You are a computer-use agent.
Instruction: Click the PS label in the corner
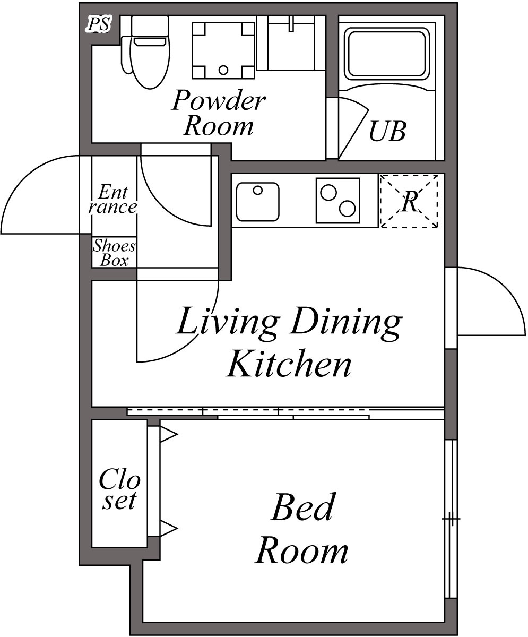click(x=99, y=24)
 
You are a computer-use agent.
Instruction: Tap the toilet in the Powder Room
click(x=146, y=53)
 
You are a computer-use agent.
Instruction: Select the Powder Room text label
click(x=219, y=113)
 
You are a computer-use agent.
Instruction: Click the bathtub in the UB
click(x=387, y=54)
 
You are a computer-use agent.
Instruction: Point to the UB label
click(x=387, y=131)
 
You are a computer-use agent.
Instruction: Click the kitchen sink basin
click(x=258, y=202)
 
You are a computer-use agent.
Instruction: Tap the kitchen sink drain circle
click(x=258, y=191)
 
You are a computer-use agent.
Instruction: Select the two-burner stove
click(x=338, y=201)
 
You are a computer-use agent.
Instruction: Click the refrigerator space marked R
click(x=409, y=201)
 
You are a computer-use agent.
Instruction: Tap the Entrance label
click(x=113, y=200)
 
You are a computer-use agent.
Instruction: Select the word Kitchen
click(x=289, y=364)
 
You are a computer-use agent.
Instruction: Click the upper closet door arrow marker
click(x=168, y=434)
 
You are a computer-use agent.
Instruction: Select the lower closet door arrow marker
click(x=168, y=528)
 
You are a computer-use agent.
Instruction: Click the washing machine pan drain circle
click(x=223, y=70)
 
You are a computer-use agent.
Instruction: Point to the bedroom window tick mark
click(x=452, y=518)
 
